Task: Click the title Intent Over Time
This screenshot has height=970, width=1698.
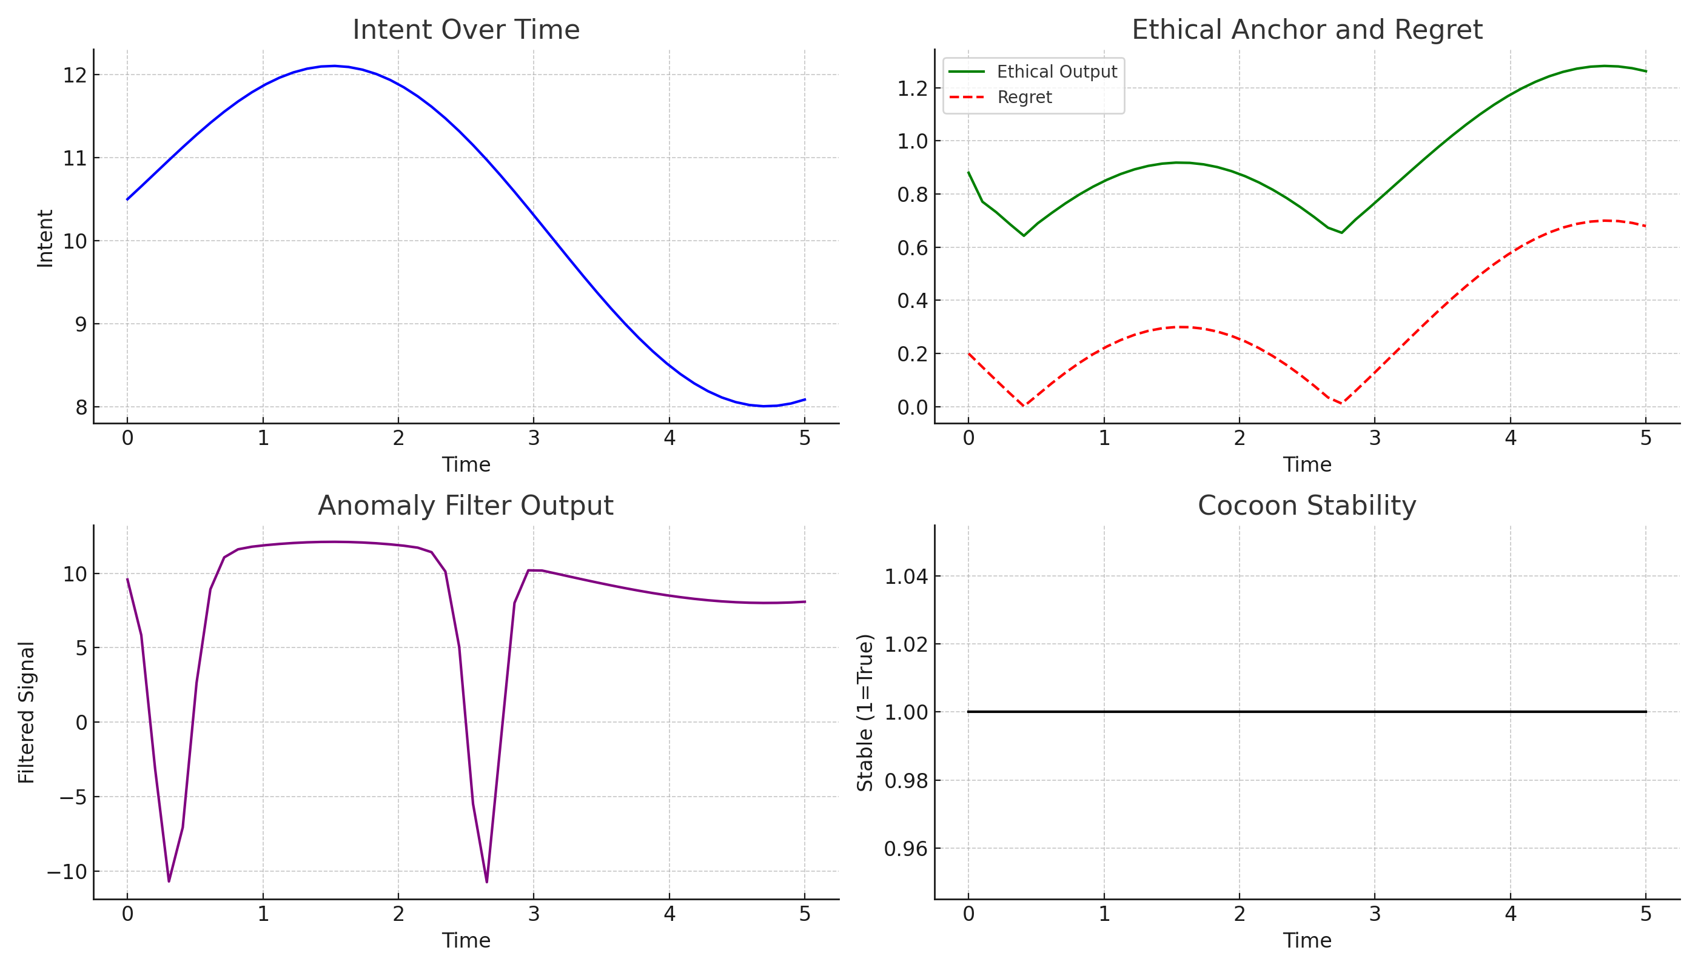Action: click(466, 30)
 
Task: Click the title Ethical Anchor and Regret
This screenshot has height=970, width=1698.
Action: click(1306, 30)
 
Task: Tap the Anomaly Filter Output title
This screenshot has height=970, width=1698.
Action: click(465, 506)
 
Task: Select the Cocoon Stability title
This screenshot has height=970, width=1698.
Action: click(1306, 506)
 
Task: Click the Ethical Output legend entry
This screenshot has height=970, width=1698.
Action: click(1056, 72)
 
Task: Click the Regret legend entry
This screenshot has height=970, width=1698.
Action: click(1024, 97)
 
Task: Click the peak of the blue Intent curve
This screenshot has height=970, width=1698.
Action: click(335, 66)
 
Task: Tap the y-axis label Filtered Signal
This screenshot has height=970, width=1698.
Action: click(26, 712)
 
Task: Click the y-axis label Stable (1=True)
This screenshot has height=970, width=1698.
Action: click(864, 712)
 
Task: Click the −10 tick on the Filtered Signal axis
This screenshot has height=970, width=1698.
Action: click(67, 871)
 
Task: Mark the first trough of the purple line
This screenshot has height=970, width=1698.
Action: click(169, 881)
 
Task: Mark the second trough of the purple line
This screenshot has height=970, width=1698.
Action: click(486, 882)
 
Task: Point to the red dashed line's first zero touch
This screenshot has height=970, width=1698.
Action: click(1024, 406)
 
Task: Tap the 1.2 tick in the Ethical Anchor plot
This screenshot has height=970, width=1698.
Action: click(912, 89)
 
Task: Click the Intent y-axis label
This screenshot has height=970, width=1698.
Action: click(45, 238)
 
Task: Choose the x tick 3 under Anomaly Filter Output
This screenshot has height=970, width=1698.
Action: click(533, 914)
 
